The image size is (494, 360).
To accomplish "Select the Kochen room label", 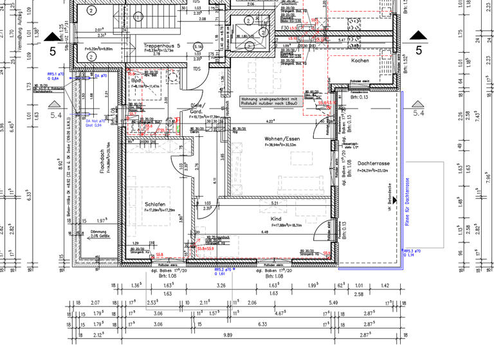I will tap(360, 60).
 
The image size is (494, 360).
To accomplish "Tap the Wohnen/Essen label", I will tap(282, 139).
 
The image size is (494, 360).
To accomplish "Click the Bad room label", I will tap(136, 80).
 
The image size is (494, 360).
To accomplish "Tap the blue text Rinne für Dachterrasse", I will tap(407, 202).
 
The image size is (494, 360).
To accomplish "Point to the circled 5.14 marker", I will tap(198, 46).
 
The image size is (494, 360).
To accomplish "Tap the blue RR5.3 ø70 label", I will tap(412, 253).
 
